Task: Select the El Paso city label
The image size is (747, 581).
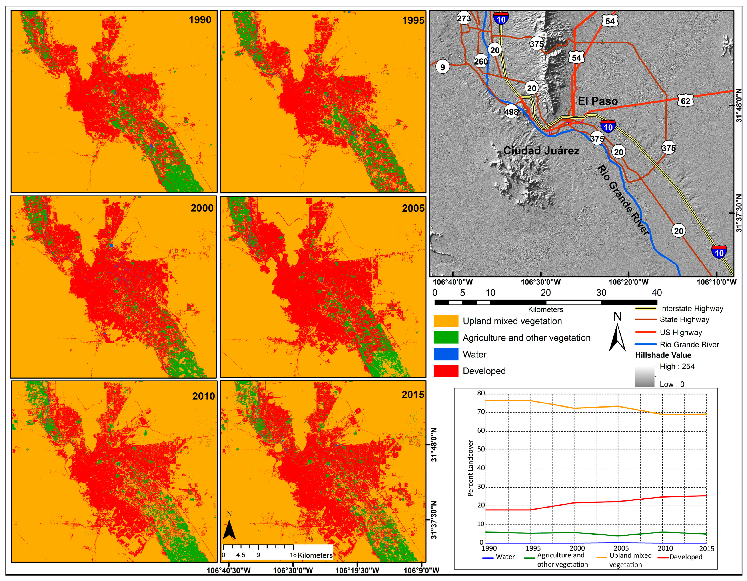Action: tap(597, 101)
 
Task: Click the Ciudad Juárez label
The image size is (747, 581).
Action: tap(541, 151)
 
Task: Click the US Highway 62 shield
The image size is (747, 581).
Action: tap(685, 101)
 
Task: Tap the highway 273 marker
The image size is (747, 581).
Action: tap(464, 18)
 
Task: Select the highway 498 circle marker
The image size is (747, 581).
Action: tap(511, 112)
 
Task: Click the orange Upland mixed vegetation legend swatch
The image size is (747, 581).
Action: tap(446, 321)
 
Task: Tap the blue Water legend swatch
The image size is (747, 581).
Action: tap(446, 354)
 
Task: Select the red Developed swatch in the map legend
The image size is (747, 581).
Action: tap(446, 371)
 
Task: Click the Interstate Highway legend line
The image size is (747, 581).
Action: tap(645, 309)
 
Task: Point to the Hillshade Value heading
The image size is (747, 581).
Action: tap(663, 355)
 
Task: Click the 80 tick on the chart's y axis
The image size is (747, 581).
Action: tap(481, 393)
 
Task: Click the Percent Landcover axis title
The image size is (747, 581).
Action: tap(470, 468)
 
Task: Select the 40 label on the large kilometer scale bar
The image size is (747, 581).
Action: tap(656, 293)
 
